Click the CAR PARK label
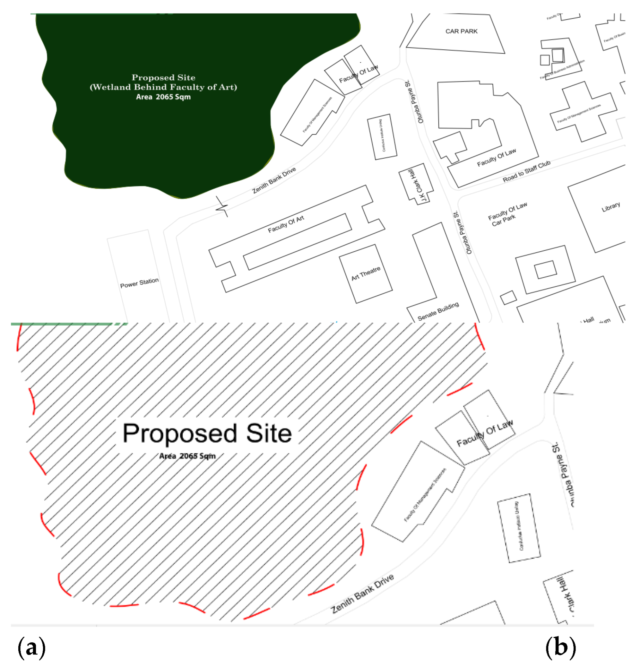[x=461, y=31]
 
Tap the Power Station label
[x=139, y=282]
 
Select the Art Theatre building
[x=365, y=273]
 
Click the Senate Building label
[x=438, y=311]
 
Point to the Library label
[x=610, y=206]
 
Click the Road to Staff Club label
[x=526, y=171]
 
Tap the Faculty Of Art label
[x=286, y=224]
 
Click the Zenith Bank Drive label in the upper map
[x=274, y=180]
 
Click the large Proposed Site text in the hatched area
[x=207, y=433]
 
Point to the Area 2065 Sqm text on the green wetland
[x=163, y=97]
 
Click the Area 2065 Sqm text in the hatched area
[x=187, y=456]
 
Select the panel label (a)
[x=31, y=647]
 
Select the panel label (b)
[x=560, y=647]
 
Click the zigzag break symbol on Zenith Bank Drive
[x=221, y=206]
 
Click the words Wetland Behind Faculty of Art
[x=163, y=87]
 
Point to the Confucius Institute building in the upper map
[x=382, y=137]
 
